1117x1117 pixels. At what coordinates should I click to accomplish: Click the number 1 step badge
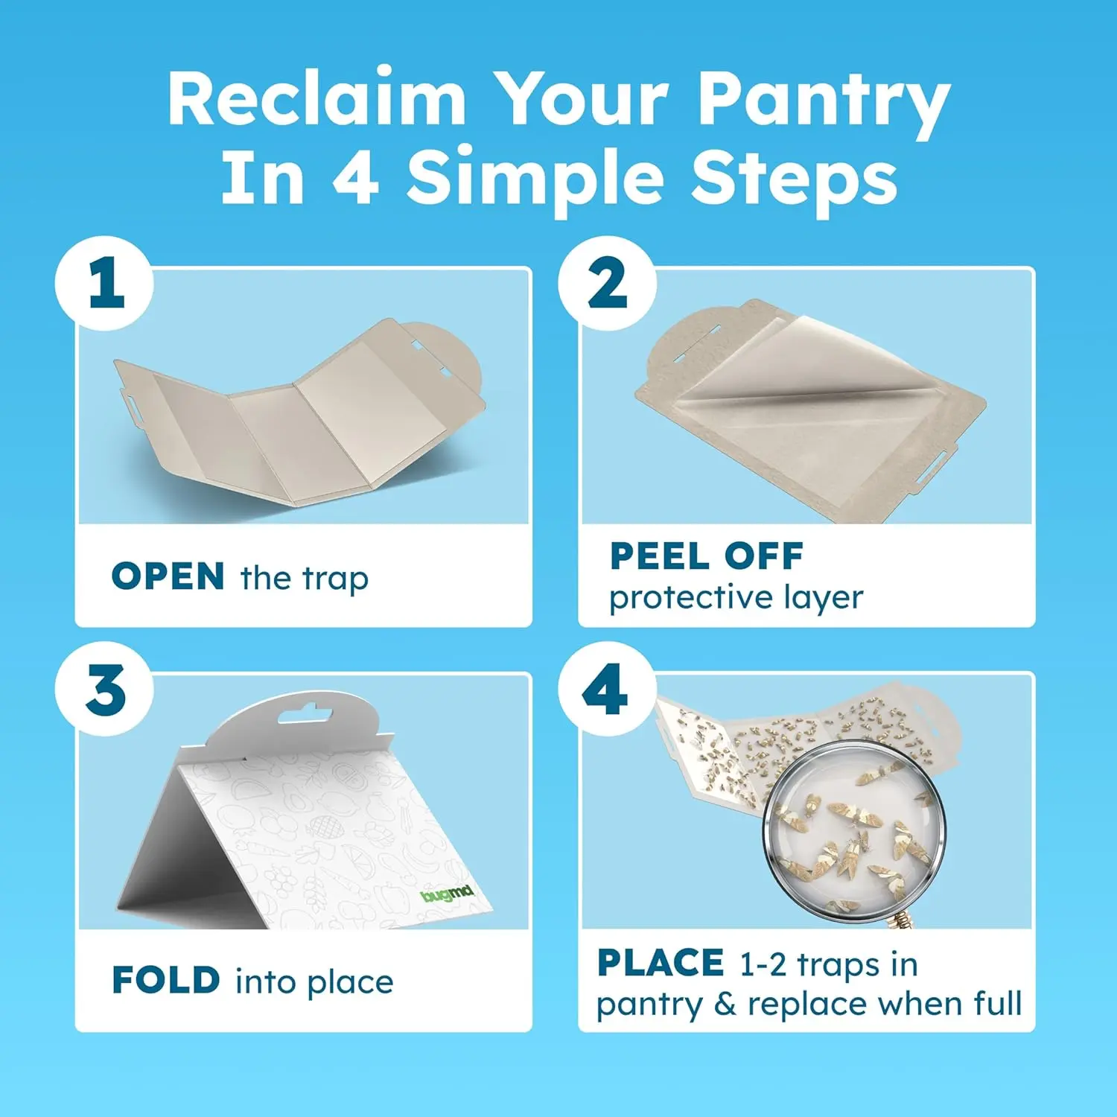104,284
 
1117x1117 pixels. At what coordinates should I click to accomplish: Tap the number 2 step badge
607,284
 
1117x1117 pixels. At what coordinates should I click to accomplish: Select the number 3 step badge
104,689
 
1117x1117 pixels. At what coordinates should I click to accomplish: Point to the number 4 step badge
607,689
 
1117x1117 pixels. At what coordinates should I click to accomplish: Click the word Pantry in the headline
823,103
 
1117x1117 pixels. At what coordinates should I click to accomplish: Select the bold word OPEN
168,576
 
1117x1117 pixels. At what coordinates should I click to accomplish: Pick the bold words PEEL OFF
707,556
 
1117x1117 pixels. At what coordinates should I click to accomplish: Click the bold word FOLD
166,980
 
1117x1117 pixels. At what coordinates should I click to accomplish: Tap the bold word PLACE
660,962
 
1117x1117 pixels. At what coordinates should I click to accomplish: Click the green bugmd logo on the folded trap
447,893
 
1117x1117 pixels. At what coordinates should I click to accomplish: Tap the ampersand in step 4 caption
725,1004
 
